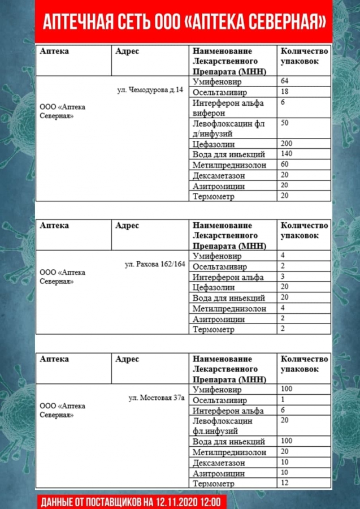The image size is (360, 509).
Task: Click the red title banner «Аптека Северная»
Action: pyautogui.click(x=184, y=22)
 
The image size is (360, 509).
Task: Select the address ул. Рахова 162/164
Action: pyautogui.click(x=155, y=264)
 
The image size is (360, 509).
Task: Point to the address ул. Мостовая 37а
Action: pyautogui.click(x=157, y=398)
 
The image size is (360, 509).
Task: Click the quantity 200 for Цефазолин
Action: pyautogui.click(x=286, y=144)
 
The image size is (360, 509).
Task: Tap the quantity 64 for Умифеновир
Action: pyautogui.click(x=284, y=81)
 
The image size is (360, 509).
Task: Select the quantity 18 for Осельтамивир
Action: pyautogui.click(x=284, y=92)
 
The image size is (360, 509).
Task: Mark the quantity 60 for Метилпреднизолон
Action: pyautogui.click(x=284, y=165)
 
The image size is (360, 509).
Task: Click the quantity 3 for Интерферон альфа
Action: pyautogui.click(x=283, y=277)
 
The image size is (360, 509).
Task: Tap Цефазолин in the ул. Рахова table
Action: pyautogui.click(x=213, y=287)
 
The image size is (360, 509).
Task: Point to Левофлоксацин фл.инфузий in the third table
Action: pyautogui.click(x=222, y=426)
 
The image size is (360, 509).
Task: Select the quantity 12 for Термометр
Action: pyautogui.click(x=284, y=483)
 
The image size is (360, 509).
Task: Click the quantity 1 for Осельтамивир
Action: pyautogui.click(x=282, y=400)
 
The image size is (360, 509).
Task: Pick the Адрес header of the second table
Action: pyautogui.click(x=127, y=226)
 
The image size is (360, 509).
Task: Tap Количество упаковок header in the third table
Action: pyautogui.click(x=304, y=364)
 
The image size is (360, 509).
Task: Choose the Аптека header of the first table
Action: pyautogui.click(x=54, y=51)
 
